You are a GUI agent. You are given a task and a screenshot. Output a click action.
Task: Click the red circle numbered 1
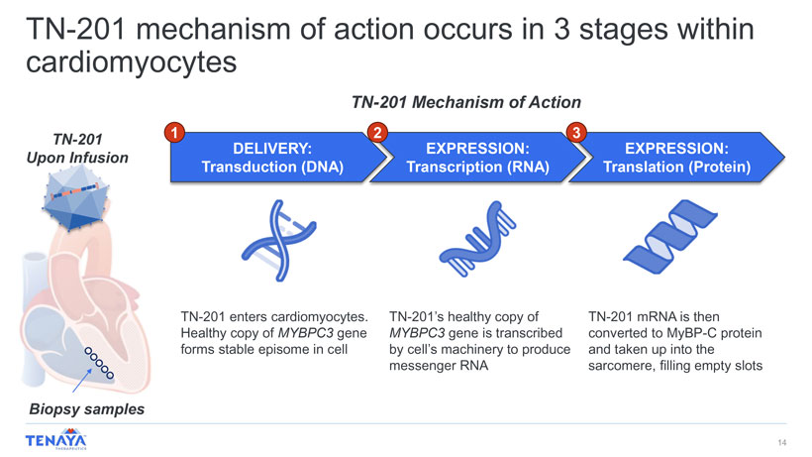[x=174, y=133]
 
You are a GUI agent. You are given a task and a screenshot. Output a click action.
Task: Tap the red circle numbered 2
[x=377, y=133]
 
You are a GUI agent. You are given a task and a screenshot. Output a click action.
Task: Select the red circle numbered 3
[x=576, y=133]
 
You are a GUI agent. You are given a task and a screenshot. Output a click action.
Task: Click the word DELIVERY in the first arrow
[x=269, y=149]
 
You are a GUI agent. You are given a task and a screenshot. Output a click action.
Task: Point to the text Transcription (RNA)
[x=477, y=167]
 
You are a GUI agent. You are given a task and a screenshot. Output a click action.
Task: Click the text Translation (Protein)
[x=677, y=167]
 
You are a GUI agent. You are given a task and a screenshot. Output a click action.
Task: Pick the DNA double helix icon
[x=278, y=241]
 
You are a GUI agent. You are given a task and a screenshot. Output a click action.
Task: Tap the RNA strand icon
[x=477, y=238]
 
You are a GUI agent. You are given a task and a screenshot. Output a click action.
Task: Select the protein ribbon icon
[x=670, y=237]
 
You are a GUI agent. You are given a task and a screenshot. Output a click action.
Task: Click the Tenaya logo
[x=55, y=440]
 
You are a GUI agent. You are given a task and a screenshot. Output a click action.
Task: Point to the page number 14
[x=782, y=442]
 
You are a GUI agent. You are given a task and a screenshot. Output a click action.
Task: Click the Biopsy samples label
[x=86, y=409]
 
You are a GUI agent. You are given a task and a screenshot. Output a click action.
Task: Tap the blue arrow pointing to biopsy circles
[x=82, y=381]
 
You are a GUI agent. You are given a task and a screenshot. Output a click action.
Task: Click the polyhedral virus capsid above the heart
[x=76, y=197]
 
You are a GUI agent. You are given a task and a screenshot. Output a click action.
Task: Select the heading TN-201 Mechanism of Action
[x=466, y=102]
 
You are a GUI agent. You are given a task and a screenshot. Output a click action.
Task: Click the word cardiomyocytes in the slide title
[x=132, y=62]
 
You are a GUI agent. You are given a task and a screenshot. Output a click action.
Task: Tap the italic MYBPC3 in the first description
[x=306, y=333]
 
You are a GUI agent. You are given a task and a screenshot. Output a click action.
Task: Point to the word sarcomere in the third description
[x=622, y=366]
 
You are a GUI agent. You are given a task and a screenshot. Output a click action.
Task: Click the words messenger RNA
[x=439, y=366]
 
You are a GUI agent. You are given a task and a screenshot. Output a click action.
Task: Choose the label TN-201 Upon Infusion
[x=77, y=149]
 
